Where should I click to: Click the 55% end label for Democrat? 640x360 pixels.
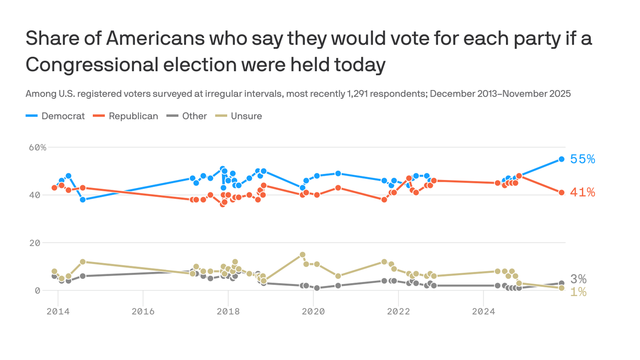point(582,159)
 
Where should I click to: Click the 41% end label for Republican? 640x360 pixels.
point(582,193)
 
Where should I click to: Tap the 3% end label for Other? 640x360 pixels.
point(578,279)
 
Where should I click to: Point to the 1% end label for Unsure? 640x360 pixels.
point(578,292)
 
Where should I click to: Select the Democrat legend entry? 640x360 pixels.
point(55,116)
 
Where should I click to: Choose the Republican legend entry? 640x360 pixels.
point(126,116)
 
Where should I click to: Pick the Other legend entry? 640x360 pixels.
point(187,116)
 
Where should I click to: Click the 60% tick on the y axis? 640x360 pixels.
point(37,147)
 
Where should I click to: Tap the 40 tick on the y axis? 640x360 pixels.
point(41,195)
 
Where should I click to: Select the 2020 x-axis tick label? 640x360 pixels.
point(313,312)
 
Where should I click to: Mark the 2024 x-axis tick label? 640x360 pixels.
point(483,312)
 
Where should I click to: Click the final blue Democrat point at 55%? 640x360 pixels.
point(561,159)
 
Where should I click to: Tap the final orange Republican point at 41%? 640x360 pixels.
point(561,193)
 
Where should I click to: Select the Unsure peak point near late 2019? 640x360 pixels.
point(303,255)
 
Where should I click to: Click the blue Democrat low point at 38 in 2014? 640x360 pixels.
point(82,200)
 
